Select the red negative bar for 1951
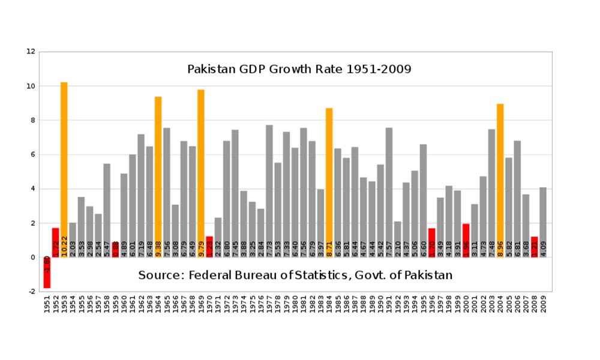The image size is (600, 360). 47,272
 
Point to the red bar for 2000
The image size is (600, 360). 466,240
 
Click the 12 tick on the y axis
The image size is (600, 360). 31,52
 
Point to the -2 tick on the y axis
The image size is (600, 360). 32,292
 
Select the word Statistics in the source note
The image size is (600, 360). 350,275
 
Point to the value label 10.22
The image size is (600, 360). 64,247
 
